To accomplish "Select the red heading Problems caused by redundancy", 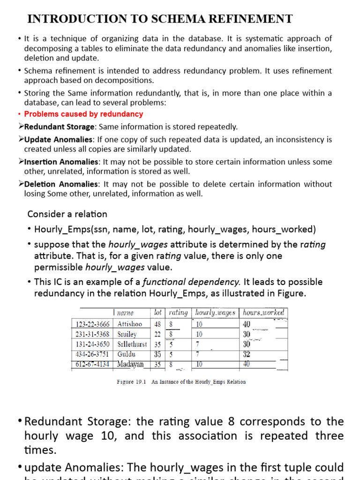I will (x=83, y=114).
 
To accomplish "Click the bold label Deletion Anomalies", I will (x=61, y=184).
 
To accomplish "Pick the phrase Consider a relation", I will (x=67, y=214).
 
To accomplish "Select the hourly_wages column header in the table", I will (x=215, y=313).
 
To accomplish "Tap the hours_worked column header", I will (x=263, y=313).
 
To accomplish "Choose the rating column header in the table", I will (x=178, y=313).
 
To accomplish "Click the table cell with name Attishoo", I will (x=130, y=324).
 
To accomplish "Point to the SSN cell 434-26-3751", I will (x=92, y=354).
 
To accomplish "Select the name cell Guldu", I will (x=127, y=354).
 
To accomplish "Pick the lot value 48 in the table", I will (x=157, y=324).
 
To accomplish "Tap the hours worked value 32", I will (x=247, y=354).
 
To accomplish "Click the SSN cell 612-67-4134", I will (x=92, y=364).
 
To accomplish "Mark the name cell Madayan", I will (x=131, y=364).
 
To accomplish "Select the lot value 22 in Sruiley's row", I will (x=157, y=334).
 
